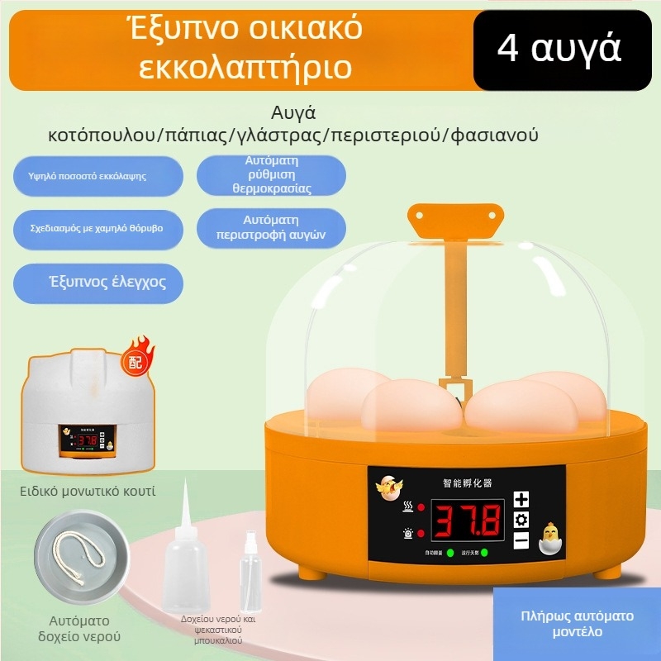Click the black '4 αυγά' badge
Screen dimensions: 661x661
(559, 49)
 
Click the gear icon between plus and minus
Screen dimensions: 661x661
(521, 520)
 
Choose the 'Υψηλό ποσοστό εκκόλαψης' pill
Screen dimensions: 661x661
(97, 176)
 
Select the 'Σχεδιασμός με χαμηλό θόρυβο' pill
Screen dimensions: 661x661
(97, 226)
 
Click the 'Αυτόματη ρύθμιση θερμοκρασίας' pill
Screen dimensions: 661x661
(271, 174)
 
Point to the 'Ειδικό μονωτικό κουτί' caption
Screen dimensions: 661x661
(88, 492)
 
